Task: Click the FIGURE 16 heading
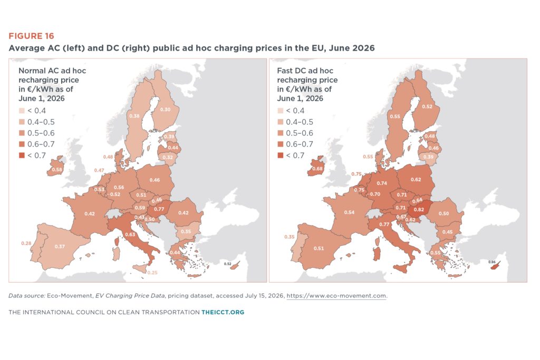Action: click(x=31, y=36)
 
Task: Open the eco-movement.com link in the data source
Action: click(x=336, y=296)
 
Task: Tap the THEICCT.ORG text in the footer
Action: click(x=223, y=312)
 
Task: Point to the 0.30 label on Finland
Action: click(x=165, y=110)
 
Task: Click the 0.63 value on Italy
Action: click(x=130, y=235)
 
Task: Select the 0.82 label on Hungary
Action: click(x=419, y=210)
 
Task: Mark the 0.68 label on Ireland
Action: click(x=317, y=169)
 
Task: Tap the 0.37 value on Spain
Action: click(x=60, y=247)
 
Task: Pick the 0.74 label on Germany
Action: click(x=382, y=183)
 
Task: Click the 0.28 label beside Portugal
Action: click(x=26, y=244)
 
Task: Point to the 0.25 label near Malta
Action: click(x=152, y=273)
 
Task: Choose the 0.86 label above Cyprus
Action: click(x=492, y=262)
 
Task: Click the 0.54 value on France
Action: click(x=349, y=212)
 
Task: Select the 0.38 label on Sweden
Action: click(x=134, y=116)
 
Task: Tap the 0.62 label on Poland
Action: click(x=416, y=179)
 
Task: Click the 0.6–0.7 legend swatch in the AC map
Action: click(x=22, y=144)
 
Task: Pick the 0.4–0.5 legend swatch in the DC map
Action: click(x=281, y=122)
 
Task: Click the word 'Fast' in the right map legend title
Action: click(x=284, y=71)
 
